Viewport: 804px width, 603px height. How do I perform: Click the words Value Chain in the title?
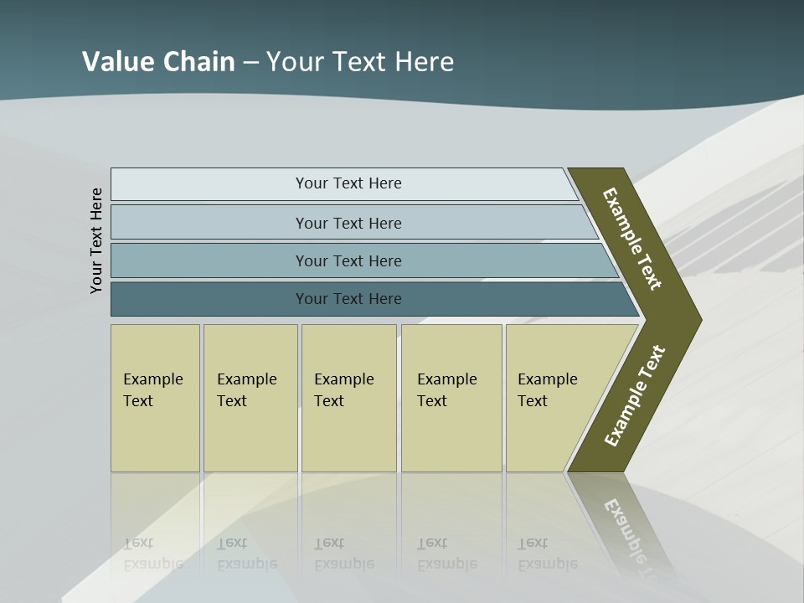[x=158, y=61]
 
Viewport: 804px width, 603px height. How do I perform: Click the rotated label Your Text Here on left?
[x=96, y=240]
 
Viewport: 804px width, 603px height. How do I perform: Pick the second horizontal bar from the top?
[x=348, y=223]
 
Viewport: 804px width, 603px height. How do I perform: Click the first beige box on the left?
[x=155, y=398]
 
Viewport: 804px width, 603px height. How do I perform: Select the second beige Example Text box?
[x=250, y=398]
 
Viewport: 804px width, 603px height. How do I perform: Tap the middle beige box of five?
[x=348, y=398]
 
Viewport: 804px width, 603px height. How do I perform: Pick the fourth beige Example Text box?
[x=451, y=398]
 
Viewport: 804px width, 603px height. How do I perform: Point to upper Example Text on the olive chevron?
[x=632, y=239]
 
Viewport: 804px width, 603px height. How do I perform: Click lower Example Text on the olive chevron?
[x=635, y=396]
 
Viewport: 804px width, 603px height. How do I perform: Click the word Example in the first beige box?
[x=152, y=379]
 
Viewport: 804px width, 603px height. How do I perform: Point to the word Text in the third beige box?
[x=328, y=401]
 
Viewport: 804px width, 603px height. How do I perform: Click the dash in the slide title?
[x=250, y=62]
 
